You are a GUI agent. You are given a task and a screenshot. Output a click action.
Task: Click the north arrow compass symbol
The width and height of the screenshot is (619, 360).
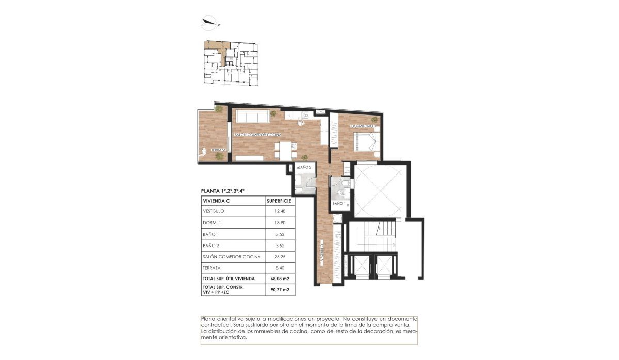[x=210, y=22]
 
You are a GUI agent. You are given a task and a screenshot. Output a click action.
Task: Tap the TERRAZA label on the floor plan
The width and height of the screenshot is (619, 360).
[x=211, y=150]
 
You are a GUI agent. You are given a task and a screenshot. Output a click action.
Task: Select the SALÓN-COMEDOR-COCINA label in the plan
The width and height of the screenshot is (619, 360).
[x=258, y=135]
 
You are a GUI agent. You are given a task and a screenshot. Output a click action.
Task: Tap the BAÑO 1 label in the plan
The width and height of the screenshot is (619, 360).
[x=338, y=204]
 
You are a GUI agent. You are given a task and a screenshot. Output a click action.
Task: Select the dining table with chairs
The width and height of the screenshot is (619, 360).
[x=284, y=150]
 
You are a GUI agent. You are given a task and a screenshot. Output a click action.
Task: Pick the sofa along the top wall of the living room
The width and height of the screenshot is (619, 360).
[x=252, y=117]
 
